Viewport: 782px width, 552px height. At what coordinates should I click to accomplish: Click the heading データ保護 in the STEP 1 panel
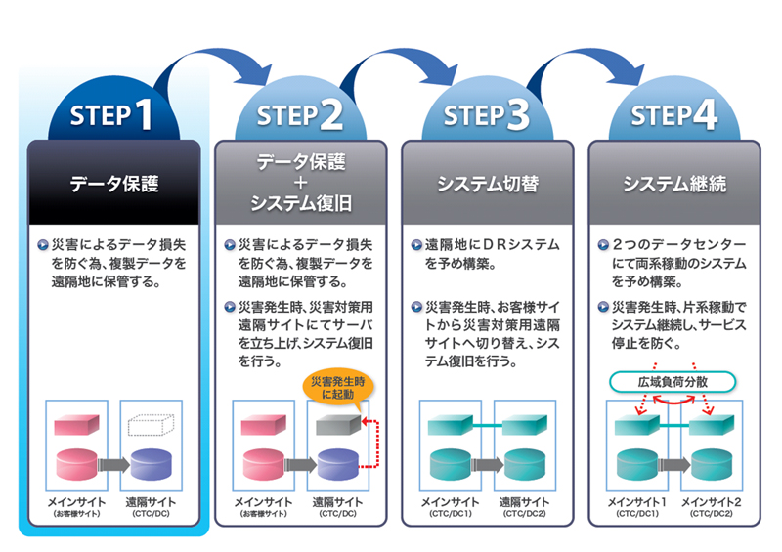point(113,183)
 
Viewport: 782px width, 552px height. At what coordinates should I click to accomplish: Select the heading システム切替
point(487,183)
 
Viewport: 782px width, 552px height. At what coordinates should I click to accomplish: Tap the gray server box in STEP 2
point(338,424)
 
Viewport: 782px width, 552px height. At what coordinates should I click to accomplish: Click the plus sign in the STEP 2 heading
point(300,183)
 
